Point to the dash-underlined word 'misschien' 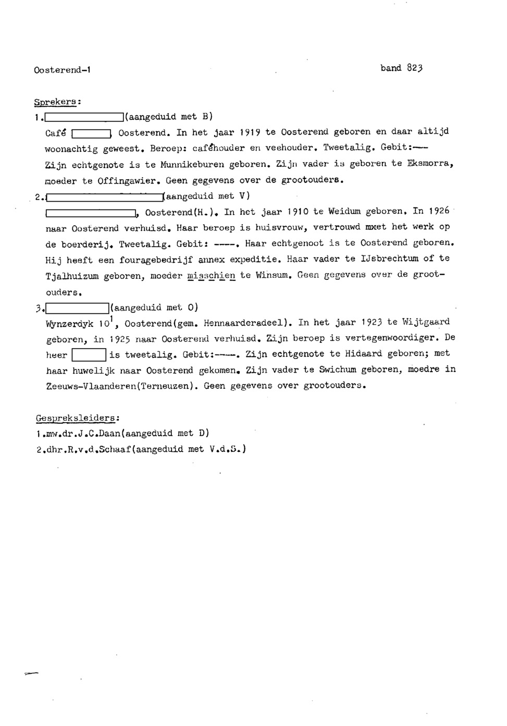point(212,275)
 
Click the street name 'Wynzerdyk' point(69,324)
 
